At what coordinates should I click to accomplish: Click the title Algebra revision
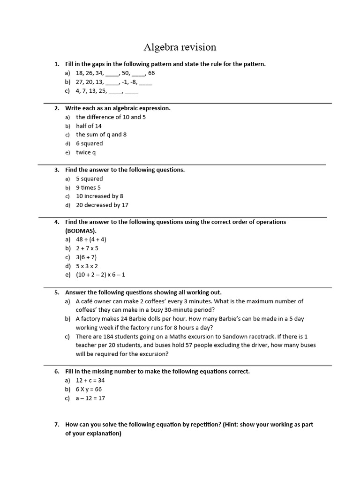coord(180,47)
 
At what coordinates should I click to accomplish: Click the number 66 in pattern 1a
coord(151,73)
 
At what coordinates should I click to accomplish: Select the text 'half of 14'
coord(89,126)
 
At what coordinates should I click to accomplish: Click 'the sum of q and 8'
coord(101,135)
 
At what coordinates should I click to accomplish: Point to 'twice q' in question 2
coord(86,152)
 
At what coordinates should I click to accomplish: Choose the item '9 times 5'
coord(88,187)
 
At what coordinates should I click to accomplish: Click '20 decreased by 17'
coord(102,205)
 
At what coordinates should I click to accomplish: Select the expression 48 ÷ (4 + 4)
coord(91,240)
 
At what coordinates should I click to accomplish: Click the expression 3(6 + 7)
coord(86,257)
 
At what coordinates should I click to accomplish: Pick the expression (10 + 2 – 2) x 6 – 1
coord(100,275)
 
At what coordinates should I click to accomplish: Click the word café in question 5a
coord(88,301)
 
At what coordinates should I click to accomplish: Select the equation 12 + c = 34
coord(90,381)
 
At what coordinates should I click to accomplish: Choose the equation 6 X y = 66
coord(89,390)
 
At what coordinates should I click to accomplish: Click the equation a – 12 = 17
coord(90,398)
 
